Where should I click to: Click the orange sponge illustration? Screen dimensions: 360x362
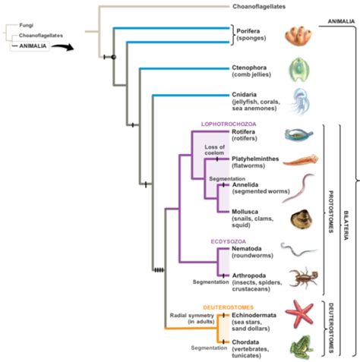298,36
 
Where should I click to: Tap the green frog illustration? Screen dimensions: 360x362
302,347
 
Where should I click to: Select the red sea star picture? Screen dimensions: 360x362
300,314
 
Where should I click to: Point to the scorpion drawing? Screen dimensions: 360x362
304,278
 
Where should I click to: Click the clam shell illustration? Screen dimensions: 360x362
302,219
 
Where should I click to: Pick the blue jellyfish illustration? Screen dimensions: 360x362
299,102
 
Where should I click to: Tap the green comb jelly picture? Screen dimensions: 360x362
299,70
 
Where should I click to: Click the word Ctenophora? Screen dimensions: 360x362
249,68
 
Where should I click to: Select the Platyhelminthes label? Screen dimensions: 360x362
255,159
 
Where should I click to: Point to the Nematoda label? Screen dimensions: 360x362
247,248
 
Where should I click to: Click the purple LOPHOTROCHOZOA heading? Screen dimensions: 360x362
229,124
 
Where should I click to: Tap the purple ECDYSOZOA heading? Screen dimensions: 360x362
229,241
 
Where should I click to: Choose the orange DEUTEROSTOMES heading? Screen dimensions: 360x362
228,307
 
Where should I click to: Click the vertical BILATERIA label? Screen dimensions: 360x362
346,225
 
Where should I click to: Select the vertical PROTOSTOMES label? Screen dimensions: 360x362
330,212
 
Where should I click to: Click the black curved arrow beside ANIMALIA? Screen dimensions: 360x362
63,47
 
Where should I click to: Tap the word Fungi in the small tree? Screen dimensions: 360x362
27,25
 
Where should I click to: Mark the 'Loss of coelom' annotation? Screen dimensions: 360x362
214,150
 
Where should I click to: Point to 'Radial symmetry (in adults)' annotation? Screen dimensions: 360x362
192,319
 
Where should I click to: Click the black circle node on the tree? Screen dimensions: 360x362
114,57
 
